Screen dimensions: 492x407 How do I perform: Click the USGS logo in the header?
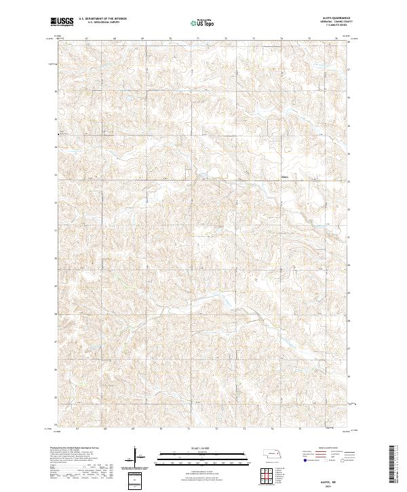pos(62,22)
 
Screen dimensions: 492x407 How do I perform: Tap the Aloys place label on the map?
pos(285,180)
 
